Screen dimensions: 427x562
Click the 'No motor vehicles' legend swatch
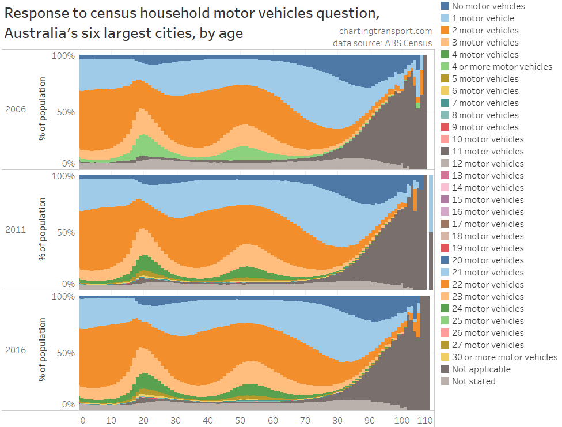pyautogui.click(x=446, y=6)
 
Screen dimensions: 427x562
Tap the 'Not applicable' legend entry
pyautogui.click(x=481, y=369)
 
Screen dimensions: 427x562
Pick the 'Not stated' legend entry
pyautogui.click(x=473, y=381)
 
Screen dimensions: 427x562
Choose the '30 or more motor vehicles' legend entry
pyautogui.click(x=504, y=357)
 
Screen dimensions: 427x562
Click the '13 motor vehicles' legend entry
pyautogui.click(x=488, y=176)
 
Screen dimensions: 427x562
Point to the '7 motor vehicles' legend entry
pyautogui.click(x=485, y=103)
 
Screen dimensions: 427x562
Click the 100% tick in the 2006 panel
pyautogui.click(x=63, y=56)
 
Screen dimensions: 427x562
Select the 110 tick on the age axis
pyautogui.click(x=425, y=421)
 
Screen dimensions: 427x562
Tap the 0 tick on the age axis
pyautogui.click(x=82, y=421)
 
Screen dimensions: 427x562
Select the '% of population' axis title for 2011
pyautogui.click(x=43, y=229)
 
